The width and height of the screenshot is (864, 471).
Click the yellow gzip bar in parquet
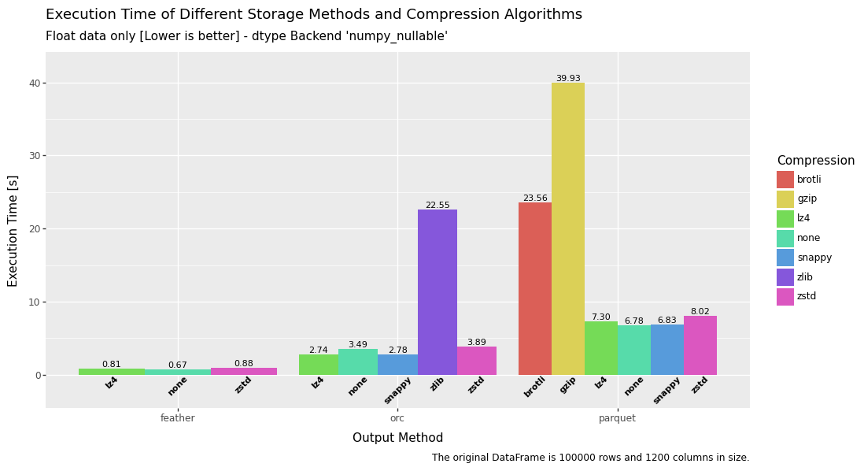point(567,228)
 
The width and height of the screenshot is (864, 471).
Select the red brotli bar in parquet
point(534,288)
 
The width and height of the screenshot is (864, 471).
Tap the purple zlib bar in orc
point(437,291)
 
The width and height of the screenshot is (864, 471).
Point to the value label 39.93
point(567,79)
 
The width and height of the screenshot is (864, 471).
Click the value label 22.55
point(437,206)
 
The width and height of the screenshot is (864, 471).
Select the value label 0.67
point(178,365)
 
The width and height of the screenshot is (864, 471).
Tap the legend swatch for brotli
point(785,180)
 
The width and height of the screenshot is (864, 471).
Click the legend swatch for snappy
point(785,258)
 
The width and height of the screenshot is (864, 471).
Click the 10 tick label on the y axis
point(35,302)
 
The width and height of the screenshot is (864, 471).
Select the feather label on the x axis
point(178,418)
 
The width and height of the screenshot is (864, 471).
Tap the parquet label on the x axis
point(617,418)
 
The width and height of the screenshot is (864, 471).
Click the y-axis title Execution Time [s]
point(13,231)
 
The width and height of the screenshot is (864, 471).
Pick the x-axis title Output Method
point(397,438)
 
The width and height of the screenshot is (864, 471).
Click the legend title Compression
point(815,161)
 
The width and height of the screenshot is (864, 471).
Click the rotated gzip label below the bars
point(568,385)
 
